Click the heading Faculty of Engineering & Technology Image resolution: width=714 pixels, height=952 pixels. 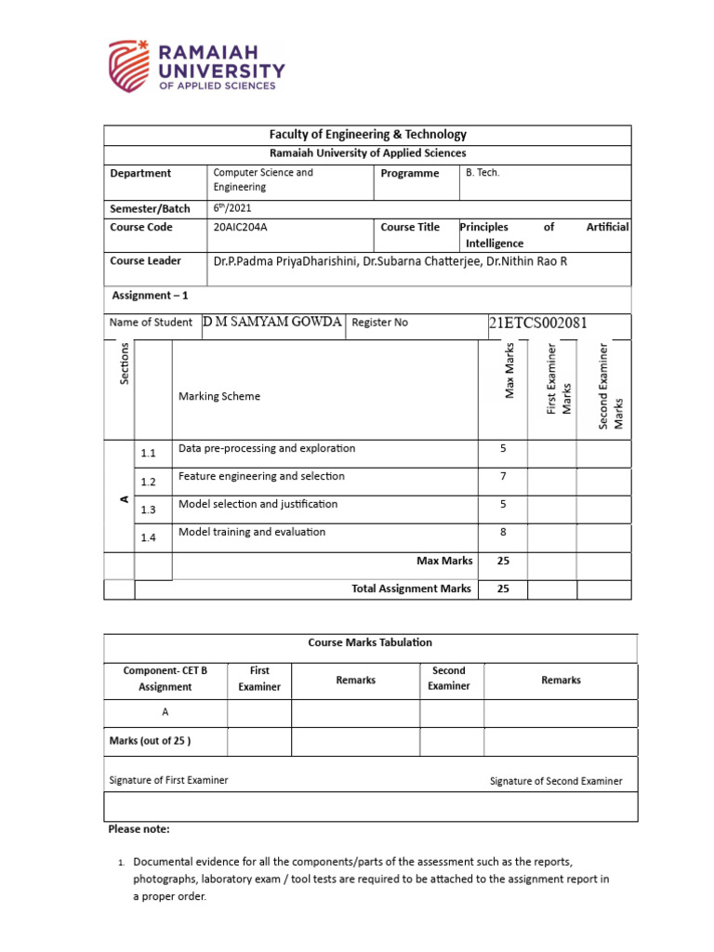click(367, 135)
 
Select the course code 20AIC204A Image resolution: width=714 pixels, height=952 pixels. click(245, 227)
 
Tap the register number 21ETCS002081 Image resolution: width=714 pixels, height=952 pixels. click(537, 324)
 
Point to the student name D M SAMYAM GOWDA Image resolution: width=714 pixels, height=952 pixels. click(271, 322)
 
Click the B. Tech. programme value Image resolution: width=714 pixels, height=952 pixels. click(483, 173)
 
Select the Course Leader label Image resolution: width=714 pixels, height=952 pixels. click(145, 261)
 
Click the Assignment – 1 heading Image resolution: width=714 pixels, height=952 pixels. click(150, 296)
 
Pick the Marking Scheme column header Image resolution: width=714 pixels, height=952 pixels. click(219, 396)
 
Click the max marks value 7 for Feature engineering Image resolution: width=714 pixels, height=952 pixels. click(503, 476)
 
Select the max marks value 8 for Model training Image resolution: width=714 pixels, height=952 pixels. click(503, 532)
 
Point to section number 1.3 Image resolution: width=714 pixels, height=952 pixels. click(149, 509)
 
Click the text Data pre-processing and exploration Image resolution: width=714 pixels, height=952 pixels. click(267, 448)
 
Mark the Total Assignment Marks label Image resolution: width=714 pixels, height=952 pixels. click(412, 588)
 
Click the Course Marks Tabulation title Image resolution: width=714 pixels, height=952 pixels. click(369, 642)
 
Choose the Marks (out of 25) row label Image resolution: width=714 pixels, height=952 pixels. click(151, 741)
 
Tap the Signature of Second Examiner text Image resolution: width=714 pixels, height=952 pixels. click(556, 781)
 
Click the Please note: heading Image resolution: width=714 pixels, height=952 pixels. click(139, 828)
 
